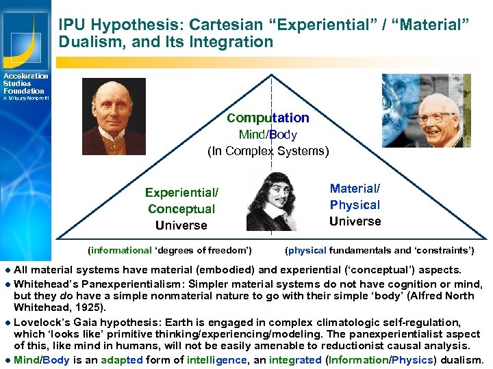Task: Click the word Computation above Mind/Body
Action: [268, 118]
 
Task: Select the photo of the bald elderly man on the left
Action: [114, 116]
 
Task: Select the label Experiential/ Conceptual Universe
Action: [181, 209]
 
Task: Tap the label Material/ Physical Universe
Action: [355, 205]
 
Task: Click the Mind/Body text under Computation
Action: [268, 135]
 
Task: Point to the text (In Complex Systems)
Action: [268, 151]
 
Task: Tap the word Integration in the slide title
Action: [236, 42]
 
